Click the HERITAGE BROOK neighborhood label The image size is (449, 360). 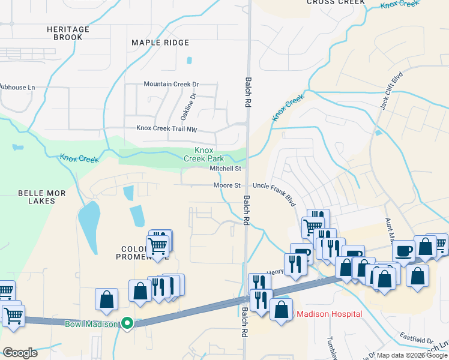[x=68, y=33]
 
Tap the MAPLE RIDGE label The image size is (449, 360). [x=160, y=43]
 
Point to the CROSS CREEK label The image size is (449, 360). [x=336, y=2]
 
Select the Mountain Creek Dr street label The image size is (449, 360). [x=170, y=85]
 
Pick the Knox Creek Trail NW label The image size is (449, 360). [x=167, y=128]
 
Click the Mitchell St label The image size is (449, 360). [x=225, y=169]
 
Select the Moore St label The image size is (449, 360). [x=227, y=186]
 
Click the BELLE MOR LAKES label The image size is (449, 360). [x=41, y=197]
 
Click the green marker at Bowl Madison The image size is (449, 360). [x=127, y=323]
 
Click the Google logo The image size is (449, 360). [x=20, y=353]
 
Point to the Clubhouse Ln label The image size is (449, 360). [x=17, y=88]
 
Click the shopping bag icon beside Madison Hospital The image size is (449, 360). [x=282, y=310]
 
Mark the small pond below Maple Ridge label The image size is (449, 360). [x=190, y=61]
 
